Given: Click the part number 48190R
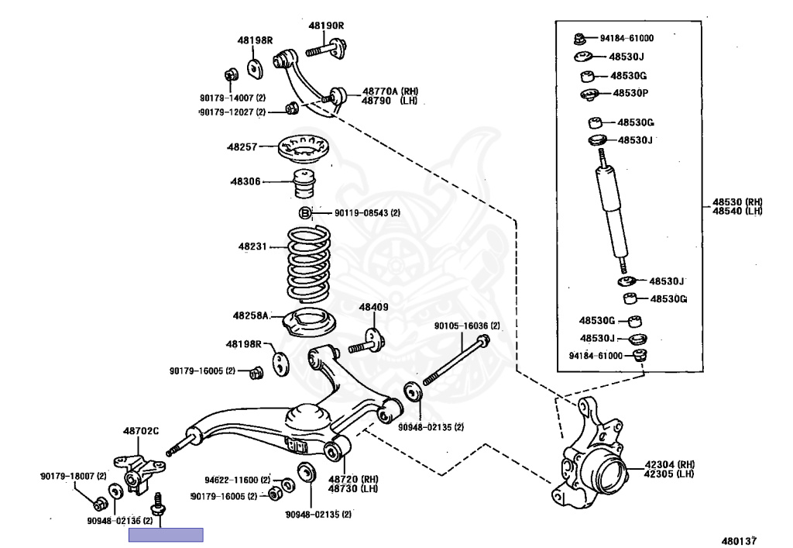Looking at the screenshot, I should [325, 26].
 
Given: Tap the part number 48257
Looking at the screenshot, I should [241, 146].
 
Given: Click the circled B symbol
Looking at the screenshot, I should [305, 213].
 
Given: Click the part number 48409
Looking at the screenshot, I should [373, 308].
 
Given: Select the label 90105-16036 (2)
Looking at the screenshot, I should [467, 326].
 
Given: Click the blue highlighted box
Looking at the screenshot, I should [166, 535].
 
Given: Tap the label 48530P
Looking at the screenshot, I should [630, 93].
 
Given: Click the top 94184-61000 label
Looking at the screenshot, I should [627, 37].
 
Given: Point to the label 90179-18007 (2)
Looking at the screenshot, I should [74, 475].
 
